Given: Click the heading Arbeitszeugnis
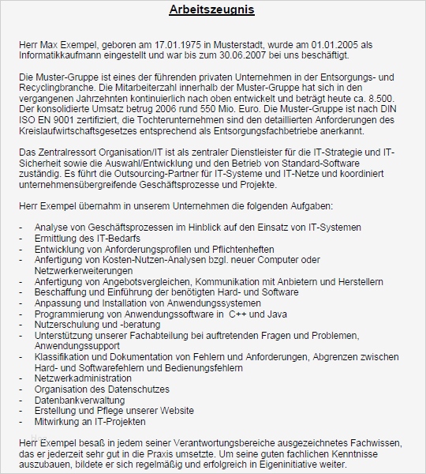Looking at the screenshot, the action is point(212,10).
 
